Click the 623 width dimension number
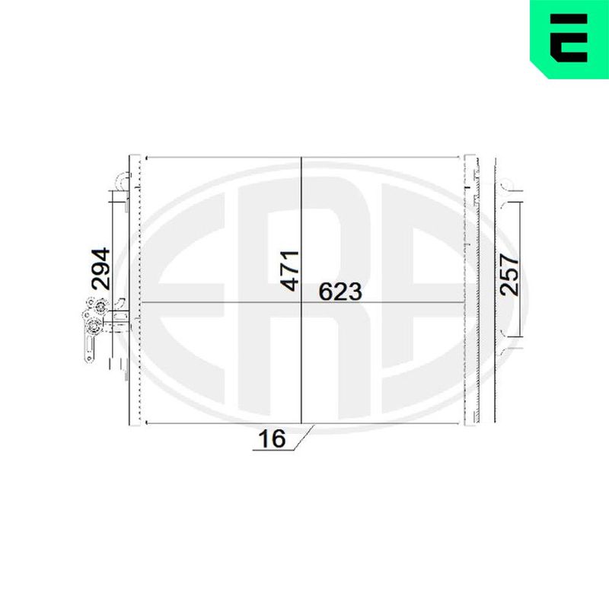point(340,292)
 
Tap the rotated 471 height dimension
point(290,271)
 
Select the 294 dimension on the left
point(100,269)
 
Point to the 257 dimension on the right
point(509,275)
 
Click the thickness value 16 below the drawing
point(272,439)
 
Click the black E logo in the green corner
point(569,38)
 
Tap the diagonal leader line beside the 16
point(304,438)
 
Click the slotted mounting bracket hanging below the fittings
point(89,348)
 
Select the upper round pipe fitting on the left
point(100,307)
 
